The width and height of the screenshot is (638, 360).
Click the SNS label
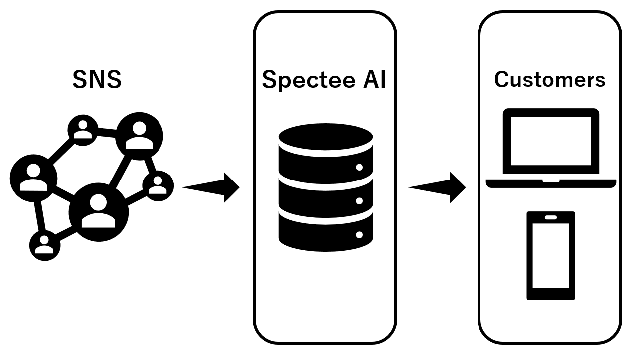(x=97, y=80)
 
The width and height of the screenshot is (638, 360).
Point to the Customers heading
(x=550, y=79)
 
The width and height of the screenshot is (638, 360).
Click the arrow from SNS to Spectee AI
(x=212, y=187)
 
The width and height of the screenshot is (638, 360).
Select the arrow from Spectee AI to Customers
(x=438, y=187)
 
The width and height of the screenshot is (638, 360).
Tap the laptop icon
(x=551, y=148)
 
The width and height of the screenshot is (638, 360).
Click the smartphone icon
(x=551, y=256)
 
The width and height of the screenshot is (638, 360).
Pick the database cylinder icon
(x=325, y=187)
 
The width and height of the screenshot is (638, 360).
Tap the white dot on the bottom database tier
(x=359, y=234)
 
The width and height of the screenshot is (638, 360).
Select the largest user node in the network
(x=98, y=212)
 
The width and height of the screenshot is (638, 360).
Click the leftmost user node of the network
(x=33, y=178)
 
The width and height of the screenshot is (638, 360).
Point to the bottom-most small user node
(x=45, y=245)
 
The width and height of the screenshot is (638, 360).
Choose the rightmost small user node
(x=158, y=185)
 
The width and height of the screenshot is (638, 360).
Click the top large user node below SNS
(x=140, y=136)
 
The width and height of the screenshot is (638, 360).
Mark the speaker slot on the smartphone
(x=551, y=217)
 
